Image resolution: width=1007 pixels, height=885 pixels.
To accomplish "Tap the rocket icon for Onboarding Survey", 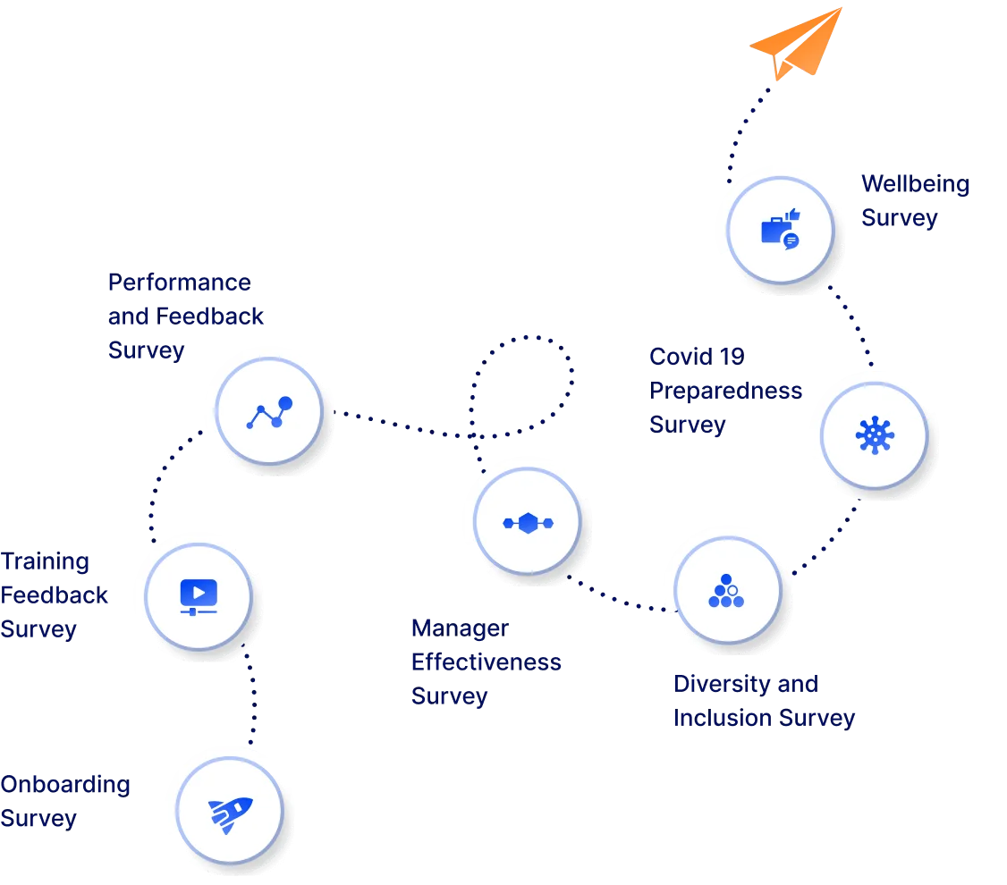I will pyautogui.click(x=230, y=814).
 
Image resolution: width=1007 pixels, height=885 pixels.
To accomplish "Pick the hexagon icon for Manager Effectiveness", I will pyautogui.click(x=528, y=523).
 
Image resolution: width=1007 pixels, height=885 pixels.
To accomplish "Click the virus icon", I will pyautogui.click(x=874, y=435).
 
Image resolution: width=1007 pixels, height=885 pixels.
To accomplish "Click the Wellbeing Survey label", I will pyautogui.click(x=914, y=202).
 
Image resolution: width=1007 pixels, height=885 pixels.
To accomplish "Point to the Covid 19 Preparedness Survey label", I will pyautogui.click(x=724, y=391).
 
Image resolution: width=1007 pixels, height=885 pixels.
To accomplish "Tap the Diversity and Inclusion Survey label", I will pyautogui.click(x=764, y=701).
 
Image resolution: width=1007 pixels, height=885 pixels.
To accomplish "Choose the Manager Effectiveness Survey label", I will pyautogui.click(x=486, y=662).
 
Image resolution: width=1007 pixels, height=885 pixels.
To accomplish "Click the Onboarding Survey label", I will pyautogui.click(x=64, y=802).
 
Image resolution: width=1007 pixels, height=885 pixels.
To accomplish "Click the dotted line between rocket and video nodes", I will pyautogui.click(x=251, y=698).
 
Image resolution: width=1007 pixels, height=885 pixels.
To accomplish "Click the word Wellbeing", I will pyautogui.click(x=914, y=185).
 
